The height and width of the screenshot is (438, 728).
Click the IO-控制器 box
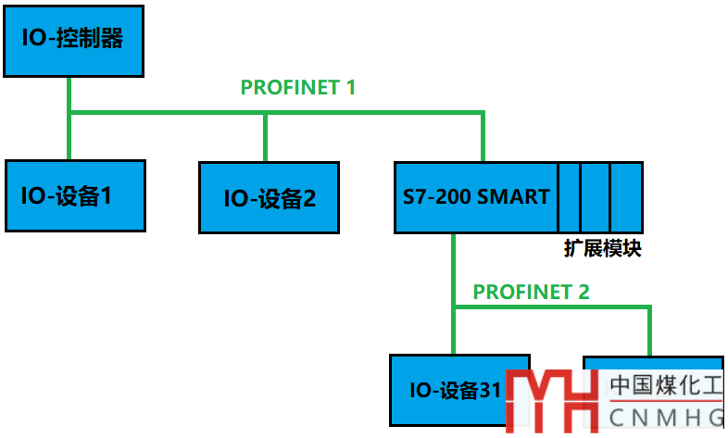click(x=73, y=39)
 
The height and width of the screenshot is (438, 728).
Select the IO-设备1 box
click(x=75, y=195)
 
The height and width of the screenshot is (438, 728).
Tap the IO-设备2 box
click(x=270, y=197)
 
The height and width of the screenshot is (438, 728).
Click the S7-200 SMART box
click(x=476, y=197)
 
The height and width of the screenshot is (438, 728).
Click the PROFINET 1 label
click(x=297, y=88)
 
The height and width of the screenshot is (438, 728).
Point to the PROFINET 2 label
click(x=531, y=293)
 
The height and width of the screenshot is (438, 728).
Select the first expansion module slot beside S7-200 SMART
click(x=569, y=197)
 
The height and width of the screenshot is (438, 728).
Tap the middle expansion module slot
click(x=595, y=197)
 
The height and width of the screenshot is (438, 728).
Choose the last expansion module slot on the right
click(x=626, y=197)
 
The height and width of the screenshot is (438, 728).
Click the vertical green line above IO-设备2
click(x=266, y=137)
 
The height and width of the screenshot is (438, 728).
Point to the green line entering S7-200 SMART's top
click(x=483, y=139)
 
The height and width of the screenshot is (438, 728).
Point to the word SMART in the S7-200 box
click(x=518, y=197)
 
